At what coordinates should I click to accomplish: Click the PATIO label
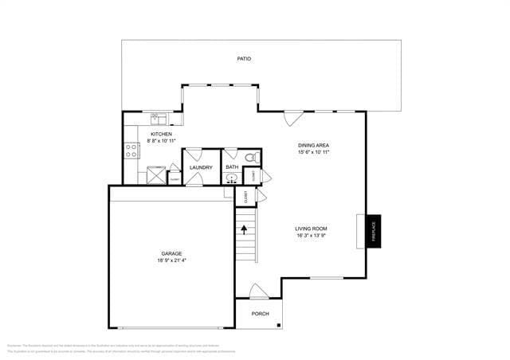tap(245, 59)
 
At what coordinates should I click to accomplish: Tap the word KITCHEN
tap(161, 134)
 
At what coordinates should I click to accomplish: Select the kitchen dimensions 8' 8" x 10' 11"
tap(161, 141)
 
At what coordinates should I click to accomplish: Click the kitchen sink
tap(160, 119)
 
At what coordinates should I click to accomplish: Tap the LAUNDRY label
tap(201, 167)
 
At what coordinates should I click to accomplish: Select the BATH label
tap(232, 167)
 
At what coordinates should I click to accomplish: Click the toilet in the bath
tap(249, 156)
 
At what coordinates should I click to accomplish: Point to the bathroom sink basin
tap(231, 179)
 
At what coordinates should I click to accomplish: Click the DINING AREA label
tap(314, 145)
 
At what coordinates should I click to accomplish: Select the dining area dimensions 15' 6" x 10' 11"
tap(314, 152)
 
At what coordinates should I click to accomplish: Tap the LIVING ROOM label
tap(312, 229)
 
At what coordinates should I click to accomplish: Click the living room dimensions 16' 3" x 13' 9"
tap(312, 236)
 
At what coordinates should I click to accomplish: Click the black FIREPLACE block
tap(374, 231)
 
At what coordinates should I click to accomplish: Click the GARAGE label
tap(171, 253)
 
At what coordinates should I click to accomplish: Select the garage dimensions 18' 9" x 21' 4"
tap(171, 260)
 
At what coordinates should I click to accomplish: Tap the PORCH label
tap(260, 314)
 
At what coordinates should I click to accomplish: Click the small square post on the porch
tap(279, 324)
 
